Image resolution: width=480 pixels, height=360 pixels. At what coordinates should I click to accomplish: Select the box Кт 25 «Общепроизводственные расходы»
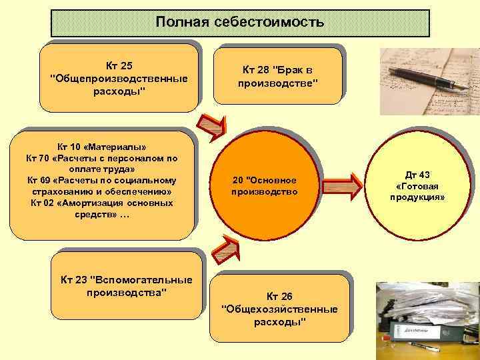coord(119,78)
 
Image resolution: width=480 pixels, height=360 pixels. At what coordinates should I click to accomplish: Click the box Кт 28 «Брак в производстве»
coord(278,76)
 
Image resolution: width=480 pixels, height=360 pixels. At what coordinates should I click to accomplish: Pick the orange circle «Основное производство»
coord(264,186)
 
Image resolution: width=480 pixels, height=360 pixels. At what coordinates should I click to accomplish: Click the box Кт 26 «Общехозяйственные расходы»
coord(279,309)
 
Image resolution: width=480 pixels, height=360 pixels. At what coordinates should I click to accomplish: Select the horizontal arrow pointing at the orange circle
coord(208,183)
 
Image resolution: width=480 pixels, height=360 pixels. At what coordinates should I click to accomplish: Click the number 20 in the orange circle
coord(238,180)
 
